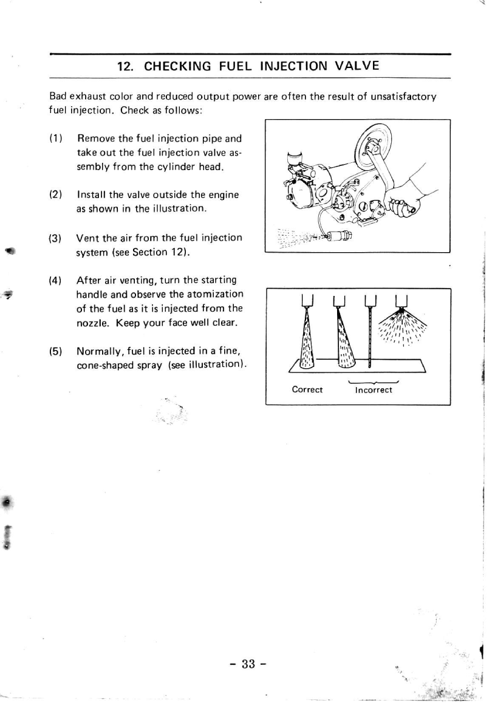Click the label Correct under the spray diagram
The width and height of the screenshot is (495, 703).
[307, 389]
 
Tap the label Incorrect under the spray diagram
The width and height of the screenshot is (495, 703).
[374, 389]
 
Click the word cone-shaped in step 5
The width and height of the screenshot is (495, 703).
[101, 364]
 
